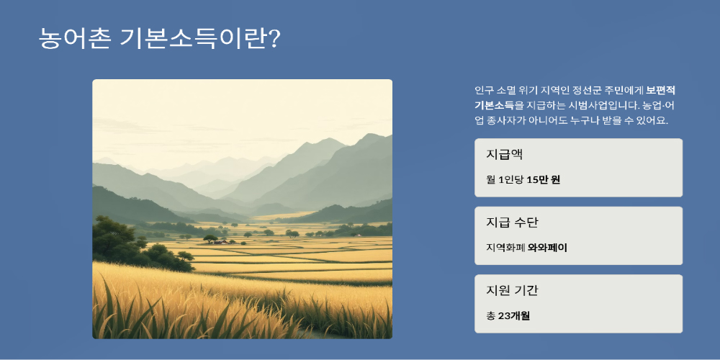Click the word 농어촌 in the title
[74, 39]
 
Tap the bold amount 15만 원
[543, 179]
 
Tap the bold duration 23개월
[514, 316]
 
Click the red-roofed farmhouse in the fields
[221, 241]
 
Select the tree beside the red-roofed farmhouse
[210, 239]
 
